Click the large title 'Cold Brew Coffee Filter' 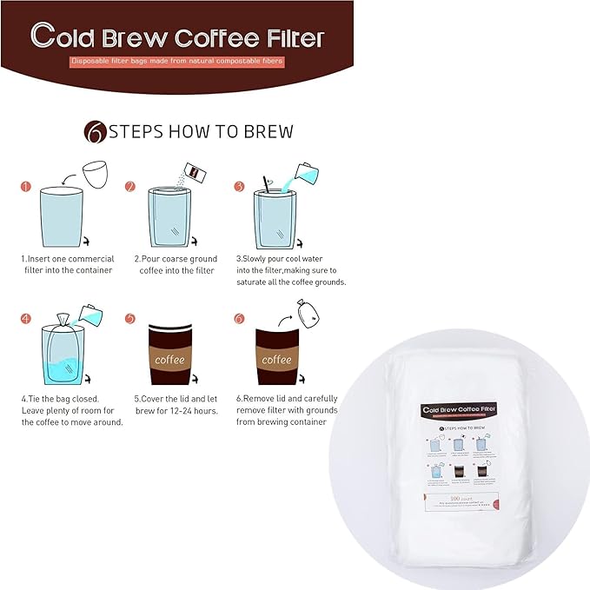(176, 37)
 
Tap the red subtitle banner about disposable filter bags (177, 62)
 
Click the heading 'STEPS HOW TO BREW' (201, 132)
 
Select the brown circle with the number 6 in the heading (94, 132)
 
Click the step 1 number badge (26, 186)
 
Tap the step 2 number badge (130, 186)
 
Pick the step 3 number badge (240, 186)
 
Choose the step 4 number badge (26, 318)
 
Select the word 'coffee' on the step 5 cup (169, 359)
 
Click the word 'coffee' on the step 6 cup (276, 359)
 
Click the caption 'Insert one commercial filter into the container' (67, 264)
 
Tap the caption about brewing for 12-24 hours (176, 404)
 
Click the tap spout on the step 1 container (84, 242)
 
